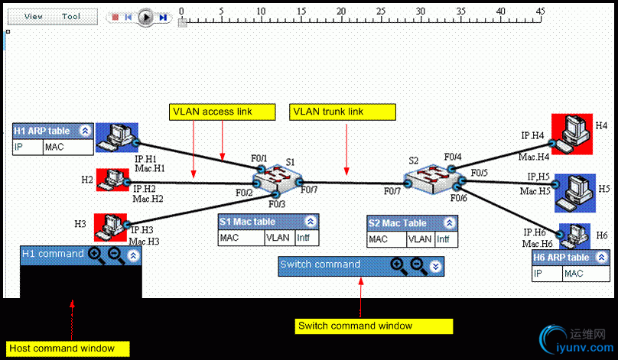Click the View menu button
tap(34, 16)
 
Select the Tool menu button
tap(71, 16)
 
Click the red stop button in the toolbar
tap(115, 17)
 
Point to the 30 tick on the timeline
tap(420, 11)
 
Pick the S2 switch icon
tap(430, 180)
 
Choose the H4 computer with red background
tap(571, 132)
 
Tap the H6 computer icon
tap(574, 234)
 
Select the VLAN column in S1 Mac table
tap(278, 238)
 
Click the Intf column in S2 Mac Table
tap(443, 238)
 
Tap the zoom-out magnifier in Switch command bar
tap(418, 265)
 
